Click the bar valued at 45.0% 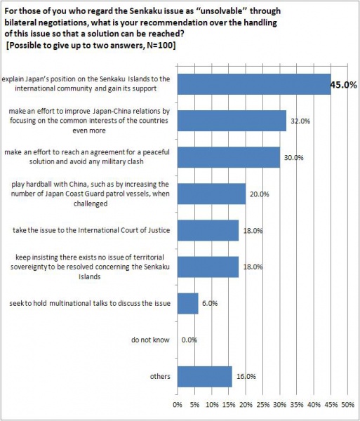click(x=254, y=84)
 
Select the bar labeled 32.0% click(x=232, y=121)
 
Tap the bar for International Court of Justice click(x=208, y=230)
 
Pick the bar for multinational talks click(x=187, y=303)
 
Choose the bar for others click(x=205, y=376)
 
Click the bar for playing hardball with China click(x=211, y=194)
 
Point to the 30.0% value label click(x=294, y=158)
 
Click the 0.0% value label click(x=189, y=340)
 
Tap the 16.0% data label click(x=246, y=376)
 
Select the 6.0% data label click(x=210, y=303)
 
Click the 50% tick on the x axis click(x=347, y=405)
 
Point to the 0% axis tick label click(x=178, y=405)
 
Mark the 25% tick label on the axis click(x=262, y=405)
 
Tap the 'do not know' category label click(x=150, y=340)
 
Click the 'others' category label click(x=160, y=376)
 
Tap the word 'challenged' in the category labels click(x=91, y=203)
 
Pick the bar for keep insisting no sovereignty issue click(x=208, y=267)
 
